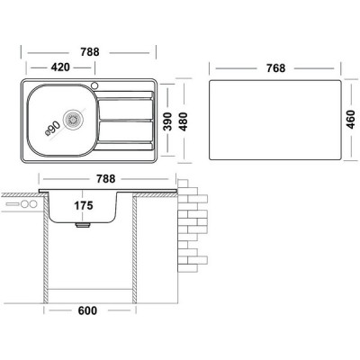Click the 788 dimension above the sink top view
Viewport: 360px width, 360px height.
coord(90,52)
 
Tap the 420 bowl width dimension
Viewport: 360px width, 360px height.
coord(60,67)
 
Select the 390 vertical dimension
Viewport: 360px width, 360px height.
coord(167,121)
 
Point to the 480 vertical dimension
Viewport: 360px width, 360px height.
coord(183,121)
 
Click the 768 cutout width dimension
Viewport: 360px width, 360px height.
coord(275,68)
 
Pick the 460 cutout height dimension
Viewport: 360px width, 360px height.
coord(350,120)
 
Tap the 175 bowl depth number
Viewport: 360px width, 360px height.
coord(84,205)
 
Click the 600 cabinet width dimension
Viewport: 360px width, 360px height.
coord(87,310)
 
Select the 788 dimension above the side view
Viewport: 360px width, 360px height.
coord(105,179)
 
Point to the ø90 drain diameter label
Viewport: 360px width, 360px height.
coord(52,128)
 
